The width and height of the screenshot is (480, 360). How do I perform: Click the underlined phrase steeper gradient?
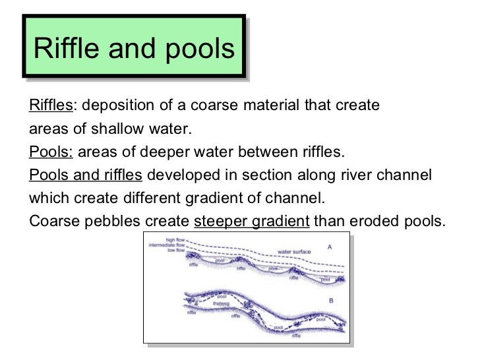[x=251, y=221]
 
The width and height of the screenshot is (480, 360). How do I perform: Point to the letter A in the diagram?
[x=329, y=247]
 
